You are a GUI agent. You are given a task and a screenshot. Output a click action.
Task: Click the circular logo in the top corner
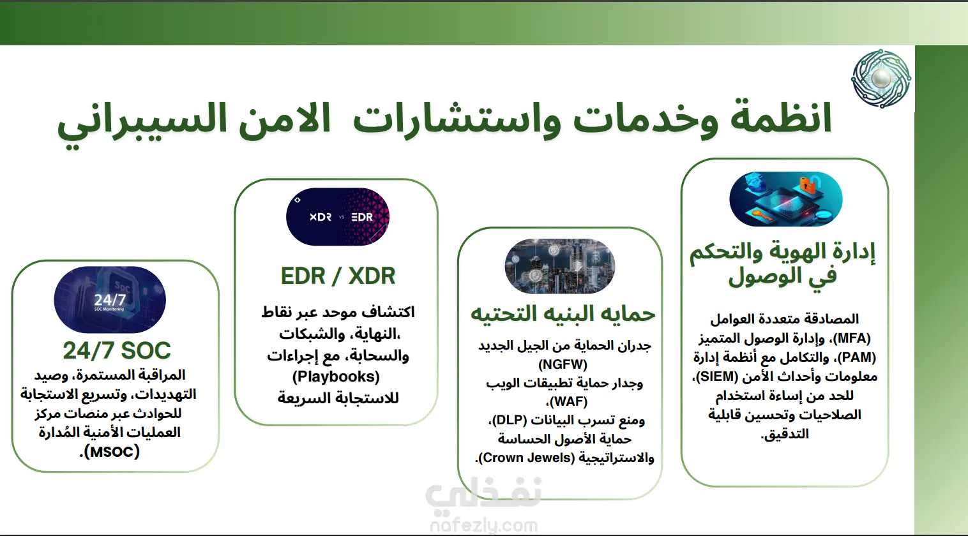(881, 78)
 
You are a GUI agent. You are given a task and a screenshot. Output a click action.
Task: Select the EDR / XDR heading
(338, 276)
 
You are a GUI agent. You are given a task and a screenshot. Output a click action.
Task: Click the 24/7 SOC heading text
(117, 350)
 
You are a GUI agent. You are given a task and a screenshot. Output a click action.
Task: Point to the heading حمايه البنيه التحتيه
(563, 313)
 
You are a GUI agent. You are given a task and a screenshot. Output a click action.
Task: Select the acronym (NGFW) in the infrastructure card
(563, 364)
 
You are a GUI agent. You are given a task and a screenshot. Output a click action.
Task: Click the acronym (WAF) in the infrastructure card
(567, 401)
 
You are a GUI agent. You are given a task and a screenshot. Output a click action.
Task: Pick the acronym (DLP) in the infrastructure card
(508, 421)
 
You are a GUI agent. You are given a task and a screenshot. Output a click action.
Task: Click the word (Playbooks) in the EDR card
(336, 376)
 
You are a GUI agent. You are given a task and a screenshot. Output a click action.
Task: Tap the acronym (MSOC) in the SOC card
(110, 452)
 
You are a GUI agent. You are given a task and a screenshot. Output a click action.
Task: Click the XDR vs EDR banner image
(338, 217)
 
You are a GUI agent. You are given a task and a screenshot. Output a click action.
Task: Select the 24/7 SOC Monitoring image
(110, 300)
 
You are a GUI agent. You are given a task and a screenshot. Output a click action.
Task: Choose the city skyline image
(560, 266)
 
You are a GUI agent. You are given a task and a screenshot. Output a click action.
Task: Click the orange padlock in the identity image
(807, 185)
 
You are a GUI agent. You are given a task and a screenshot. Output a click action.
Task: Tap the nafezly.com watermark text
(483, 526)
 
